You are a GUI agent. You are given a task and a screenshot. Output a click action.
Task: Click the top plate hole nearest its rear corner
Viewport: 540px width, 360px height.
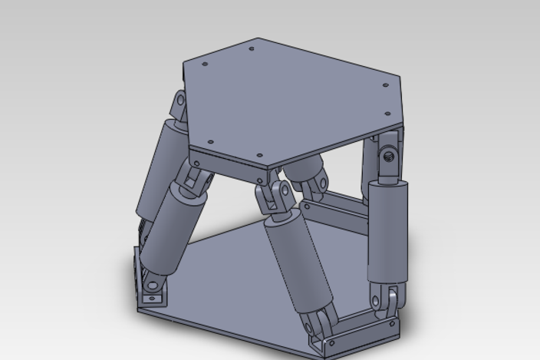click(x=252, y=49)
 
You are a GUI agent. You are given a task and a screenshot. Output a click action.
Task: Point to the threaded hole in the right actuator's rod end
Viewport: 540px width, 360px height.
click(x=389, y=155)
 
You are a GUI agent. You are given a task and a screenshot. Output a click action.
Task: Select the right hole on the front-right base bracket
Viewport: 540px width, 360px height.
click(x=392, y=323)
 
